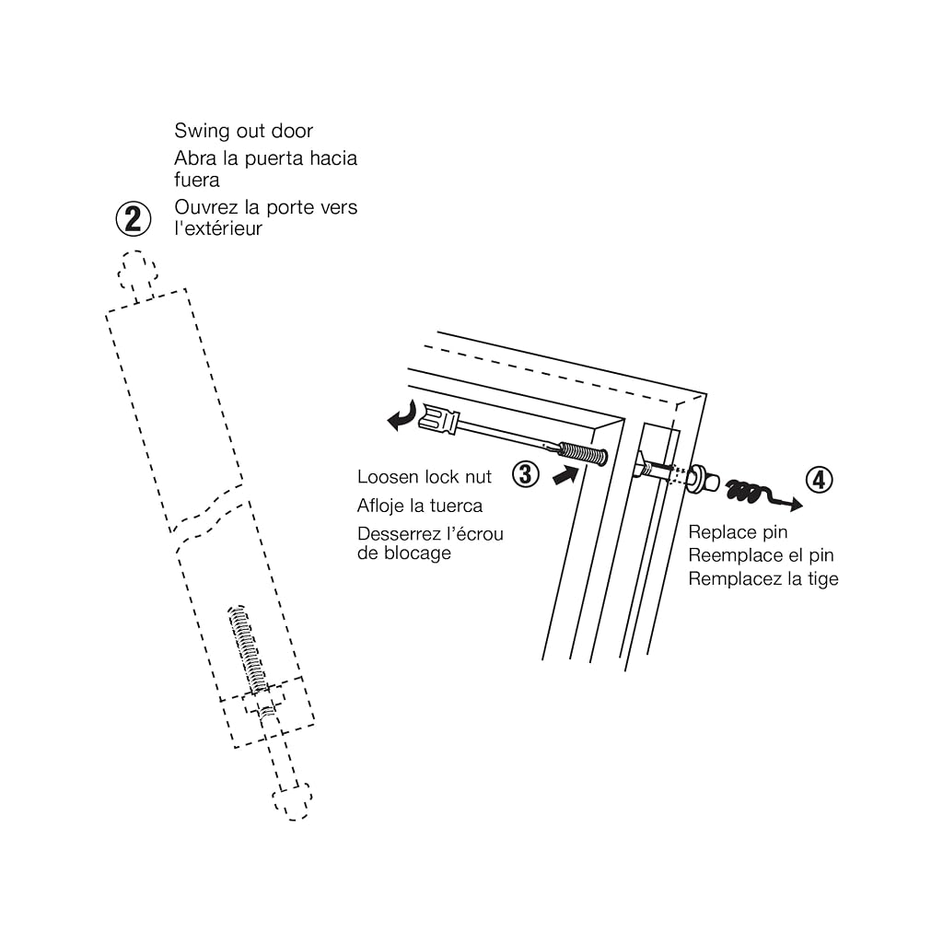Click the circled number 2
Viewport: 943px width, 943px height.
tap(133, 218)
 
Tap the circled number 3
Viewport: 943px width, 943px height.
tap(526, 474)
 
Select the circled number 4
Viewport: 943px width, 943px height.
tap(819, 480)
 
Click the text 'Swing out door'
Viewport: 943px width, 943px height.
tap(243, 131)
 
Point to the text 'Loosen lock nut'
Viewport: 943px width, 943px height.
tap(424, 477)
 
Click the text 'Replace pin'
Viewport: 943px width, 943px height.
tap(738, 532)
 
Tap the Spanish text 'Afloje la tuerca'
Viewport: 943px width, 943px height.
tap(420, 506)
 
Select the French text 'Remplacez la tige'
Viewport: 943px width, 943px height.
tap(763, 578)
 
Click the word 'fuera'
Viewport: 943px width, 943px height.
tap(197, 180)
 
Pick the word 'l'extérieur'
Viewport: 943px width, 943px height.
tap(218, 228)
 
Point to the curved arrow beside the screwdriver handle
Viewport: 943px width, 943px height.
tap(402, 415)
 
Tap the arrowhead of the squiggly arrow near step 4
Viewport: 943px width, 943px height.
tap(796, 504)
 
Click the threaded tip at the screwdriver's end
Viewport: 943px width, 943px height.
tap(583, 454)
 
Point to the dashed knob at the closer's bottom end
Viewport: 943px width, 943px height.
tap(292, 801)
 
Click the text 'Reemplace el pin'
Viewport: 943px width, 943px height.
tap(761, 555)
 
